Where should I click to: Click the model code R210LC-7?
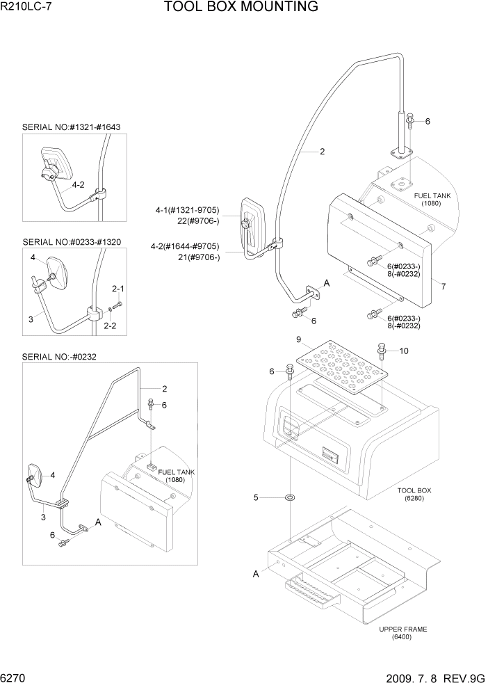coord(27,8)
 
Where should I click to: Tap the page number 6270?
coord(15,677)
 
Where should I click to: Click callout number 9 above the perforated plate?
coord(298,340)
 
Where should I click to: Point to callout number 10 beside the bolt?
coord(404,350)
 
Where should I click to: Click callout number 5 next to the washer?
coord(256,497)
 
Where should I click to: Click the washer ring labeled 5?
coord(288,498)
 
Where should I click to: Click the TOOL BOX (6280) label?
coord(414,495)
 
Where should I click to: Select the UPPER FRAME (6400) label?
coord(403,633)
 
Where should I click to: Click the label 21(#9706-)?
coord(199,257)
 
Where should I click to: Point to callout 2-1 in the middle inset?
coord(118,288)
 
